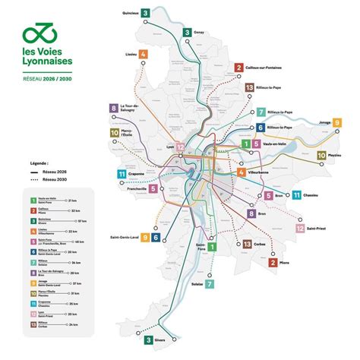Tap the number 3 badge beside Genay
tap(186, 33)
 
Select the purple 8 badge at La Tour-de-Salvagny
tap(114, 109)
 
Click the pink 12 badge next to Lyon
tap(180, 147)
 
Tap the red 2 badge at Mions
tap(272, 263)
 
